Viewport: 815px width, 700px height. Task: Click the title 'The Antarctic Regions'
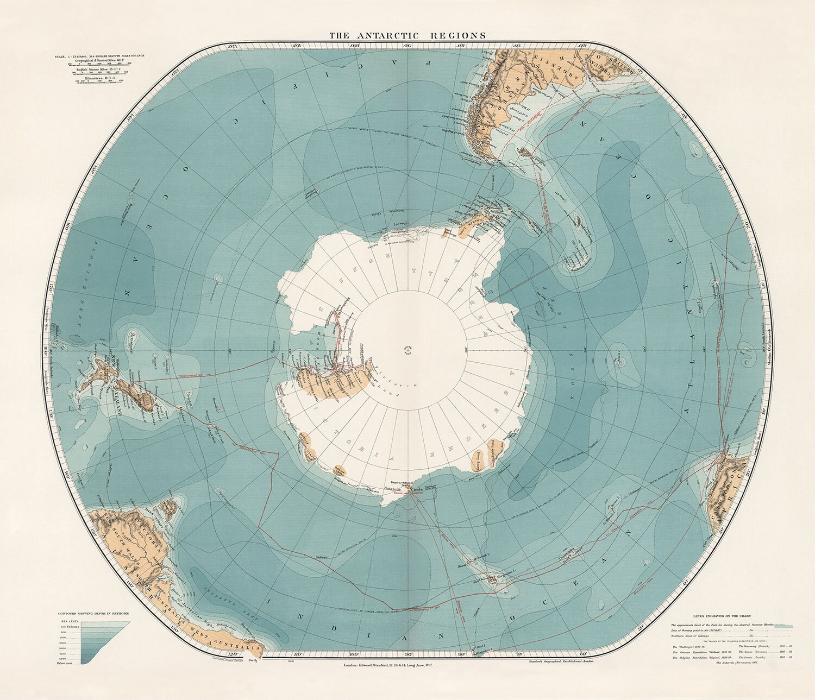click(407, 35)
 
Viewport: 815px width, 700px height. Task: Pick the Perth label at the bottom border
click(251, 660)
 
